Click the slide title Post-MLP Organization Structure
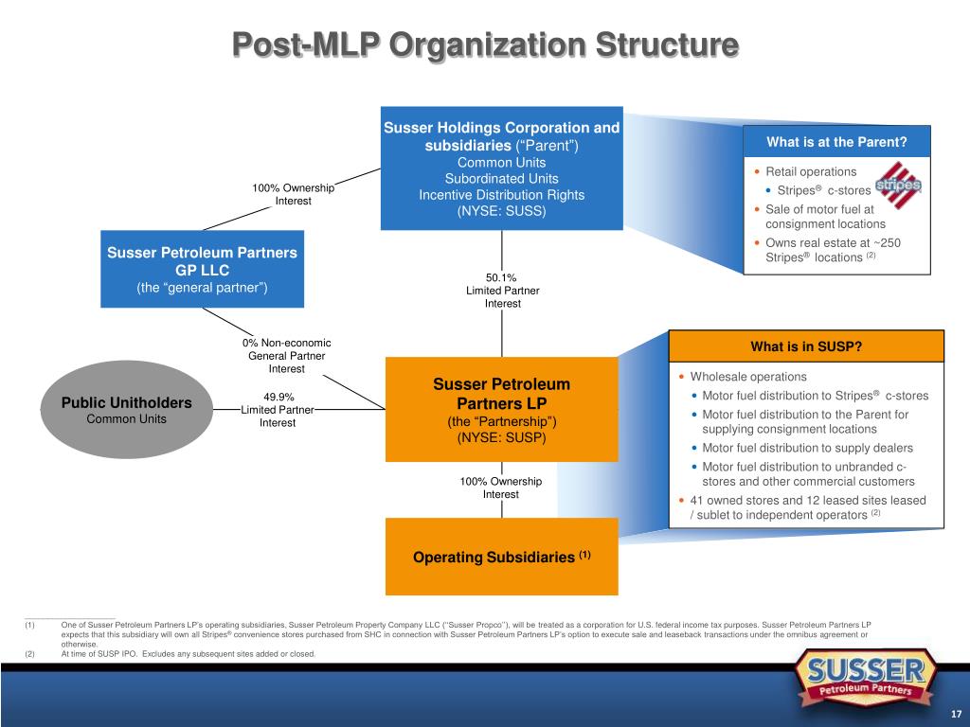coord(485,44)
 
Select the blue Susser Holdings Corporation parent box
coord(501,168)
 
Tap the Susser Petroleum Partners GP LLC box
coord(202,269)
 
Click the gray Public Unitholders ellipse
coord(126,410)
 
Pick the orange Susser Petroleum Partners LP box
coord(501,410)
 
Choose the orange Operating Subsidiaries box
coord(501,557)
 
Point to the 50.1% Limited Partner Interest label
coord(502,291)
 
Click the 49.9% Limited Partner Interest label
coord(278,410)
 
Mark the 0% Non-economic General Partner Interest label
coord(286,356)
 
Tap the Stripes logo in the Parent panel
coord(896,186)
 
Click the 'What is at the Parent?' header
coord(836,143)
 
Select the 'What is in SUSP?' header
coord(805,346)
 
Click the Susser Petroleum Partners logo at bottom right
coord(866,679)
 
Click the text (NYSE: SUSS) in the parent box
coord(501,211)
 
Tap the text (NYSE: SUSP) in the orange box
coord(501,438)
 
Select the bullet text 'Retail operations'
coord(811,171)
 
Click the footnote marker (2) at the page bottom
coord(30,654)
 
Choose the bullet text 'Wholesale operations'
coord(748,377)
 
